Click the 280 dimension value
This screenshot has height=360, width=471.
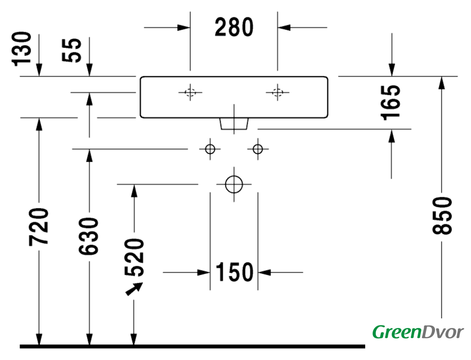pos(234,27)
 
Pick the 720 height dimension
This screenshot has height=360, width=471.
pos(39,227)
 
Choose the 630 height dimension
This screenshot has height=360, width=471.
pos(89,235)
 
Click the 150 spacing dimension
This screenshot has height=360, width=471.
pos(234,273)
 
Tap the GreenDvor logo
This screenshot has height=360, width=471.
pos(418,332)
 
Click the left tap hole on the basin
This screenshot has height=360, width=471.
pos(190,93)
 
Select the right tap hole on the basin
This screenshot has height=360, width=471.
pos(277,93)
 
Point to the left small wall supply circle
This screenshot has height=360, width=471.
pos(210,149)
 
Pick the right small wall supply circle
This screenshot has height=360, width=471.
pos(258,149)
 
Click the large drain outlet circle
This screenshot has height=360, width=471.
pos(234,183)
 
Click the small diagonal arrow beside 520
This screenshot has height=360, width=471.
pos(133,289)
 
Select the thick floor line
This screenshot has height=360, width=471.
pos(191,345)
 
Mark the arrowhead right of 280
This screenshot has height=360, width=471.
pos(284,26)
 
